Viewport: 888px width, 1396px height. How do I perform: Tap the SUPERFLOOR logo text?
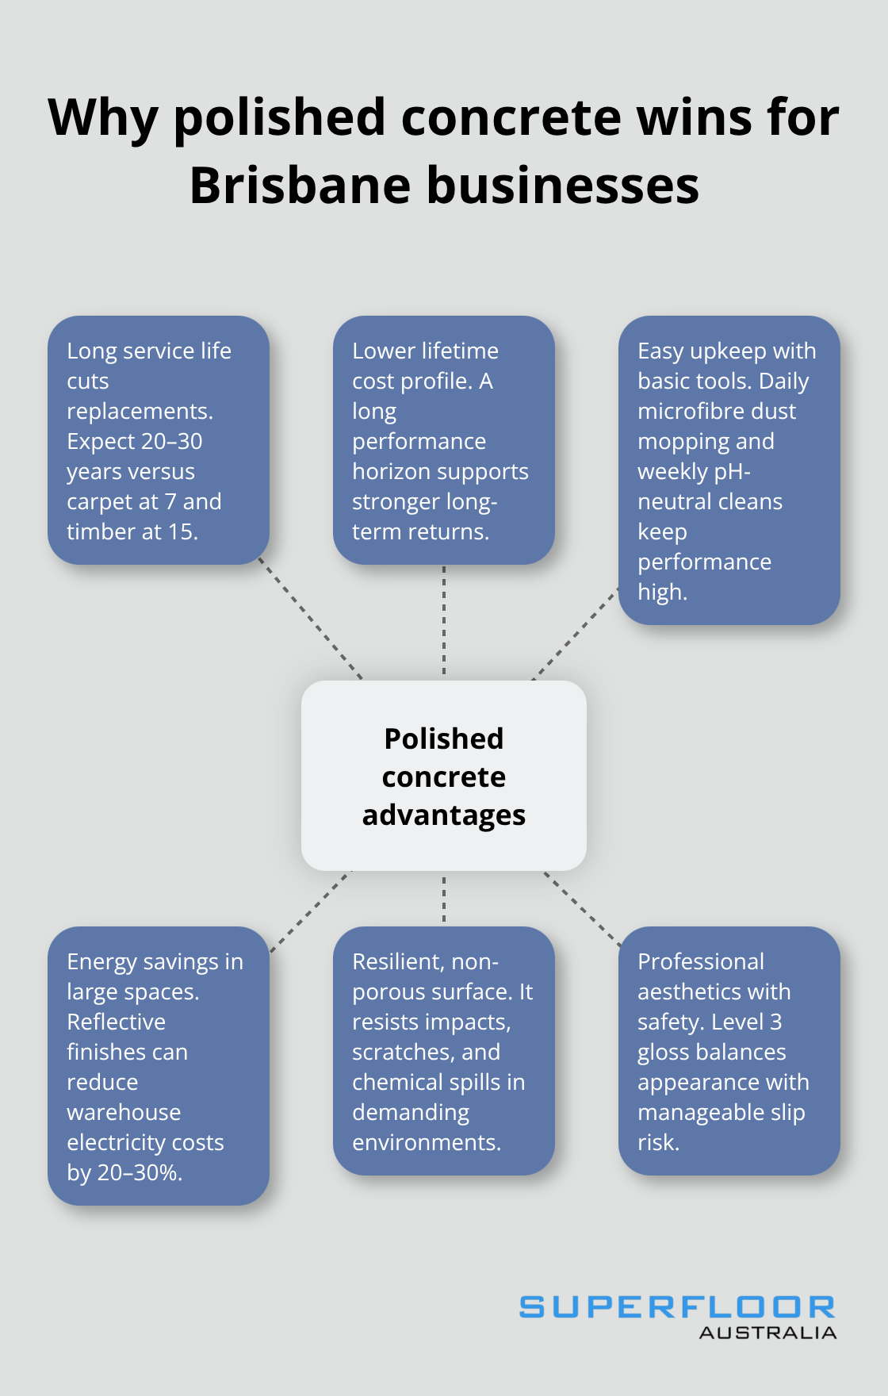676,1307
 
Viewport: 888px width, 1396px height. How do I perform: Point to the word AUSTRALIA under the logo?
767,1333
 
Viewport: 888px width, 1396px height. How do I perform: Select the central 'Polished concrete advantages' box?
444,776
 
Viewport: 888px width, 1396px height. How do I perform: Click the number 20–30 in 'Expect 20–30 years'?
169,441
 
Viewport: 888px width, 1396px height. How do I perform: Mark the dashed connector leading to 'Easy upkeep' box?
575,634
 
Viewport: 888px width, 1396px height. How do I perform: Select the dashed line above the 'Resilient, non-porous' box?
444,899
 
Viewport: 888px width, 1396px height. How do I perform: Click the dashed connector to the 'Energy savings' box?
311,911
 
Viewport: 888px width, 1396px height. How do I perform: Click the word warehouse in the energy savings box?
124,1112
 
